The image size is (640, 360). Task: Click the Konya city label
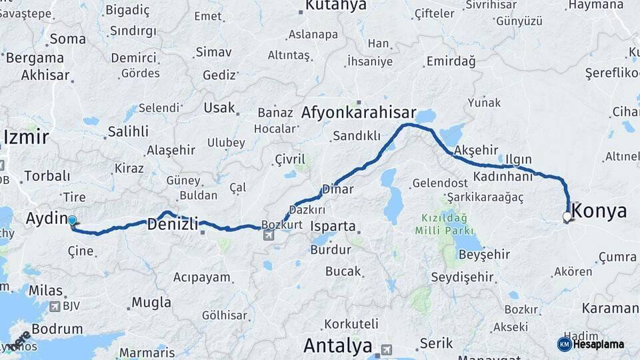[600, 211]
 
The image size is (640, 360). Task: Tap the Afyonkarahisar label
[359, 113]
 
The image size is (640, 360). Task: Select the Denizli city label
[172, 225]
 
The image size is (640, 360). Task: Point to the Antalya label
[338, 346]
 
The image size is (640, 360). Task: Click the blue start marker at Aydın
[72, 220]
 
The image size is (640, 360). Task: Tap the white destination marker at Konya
[567, 217]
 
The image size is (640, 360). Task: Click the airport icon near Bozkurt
[268, 235]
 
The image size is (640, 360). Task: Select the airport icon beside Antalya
[387, 349]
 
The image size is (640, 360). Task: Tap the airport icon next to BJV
[55, 307]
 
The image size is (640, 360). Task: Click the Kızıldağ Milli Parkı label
[444, 223]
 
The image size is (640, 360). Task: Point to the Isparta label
[333, 226]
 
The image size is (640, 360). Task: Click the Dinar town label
[337, 189]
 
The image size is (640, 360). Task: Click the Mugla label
[151, 302]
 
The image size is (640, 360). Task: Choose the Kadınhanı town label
[504, 177]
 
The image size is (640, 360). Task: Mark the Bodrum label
[57, 329]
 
